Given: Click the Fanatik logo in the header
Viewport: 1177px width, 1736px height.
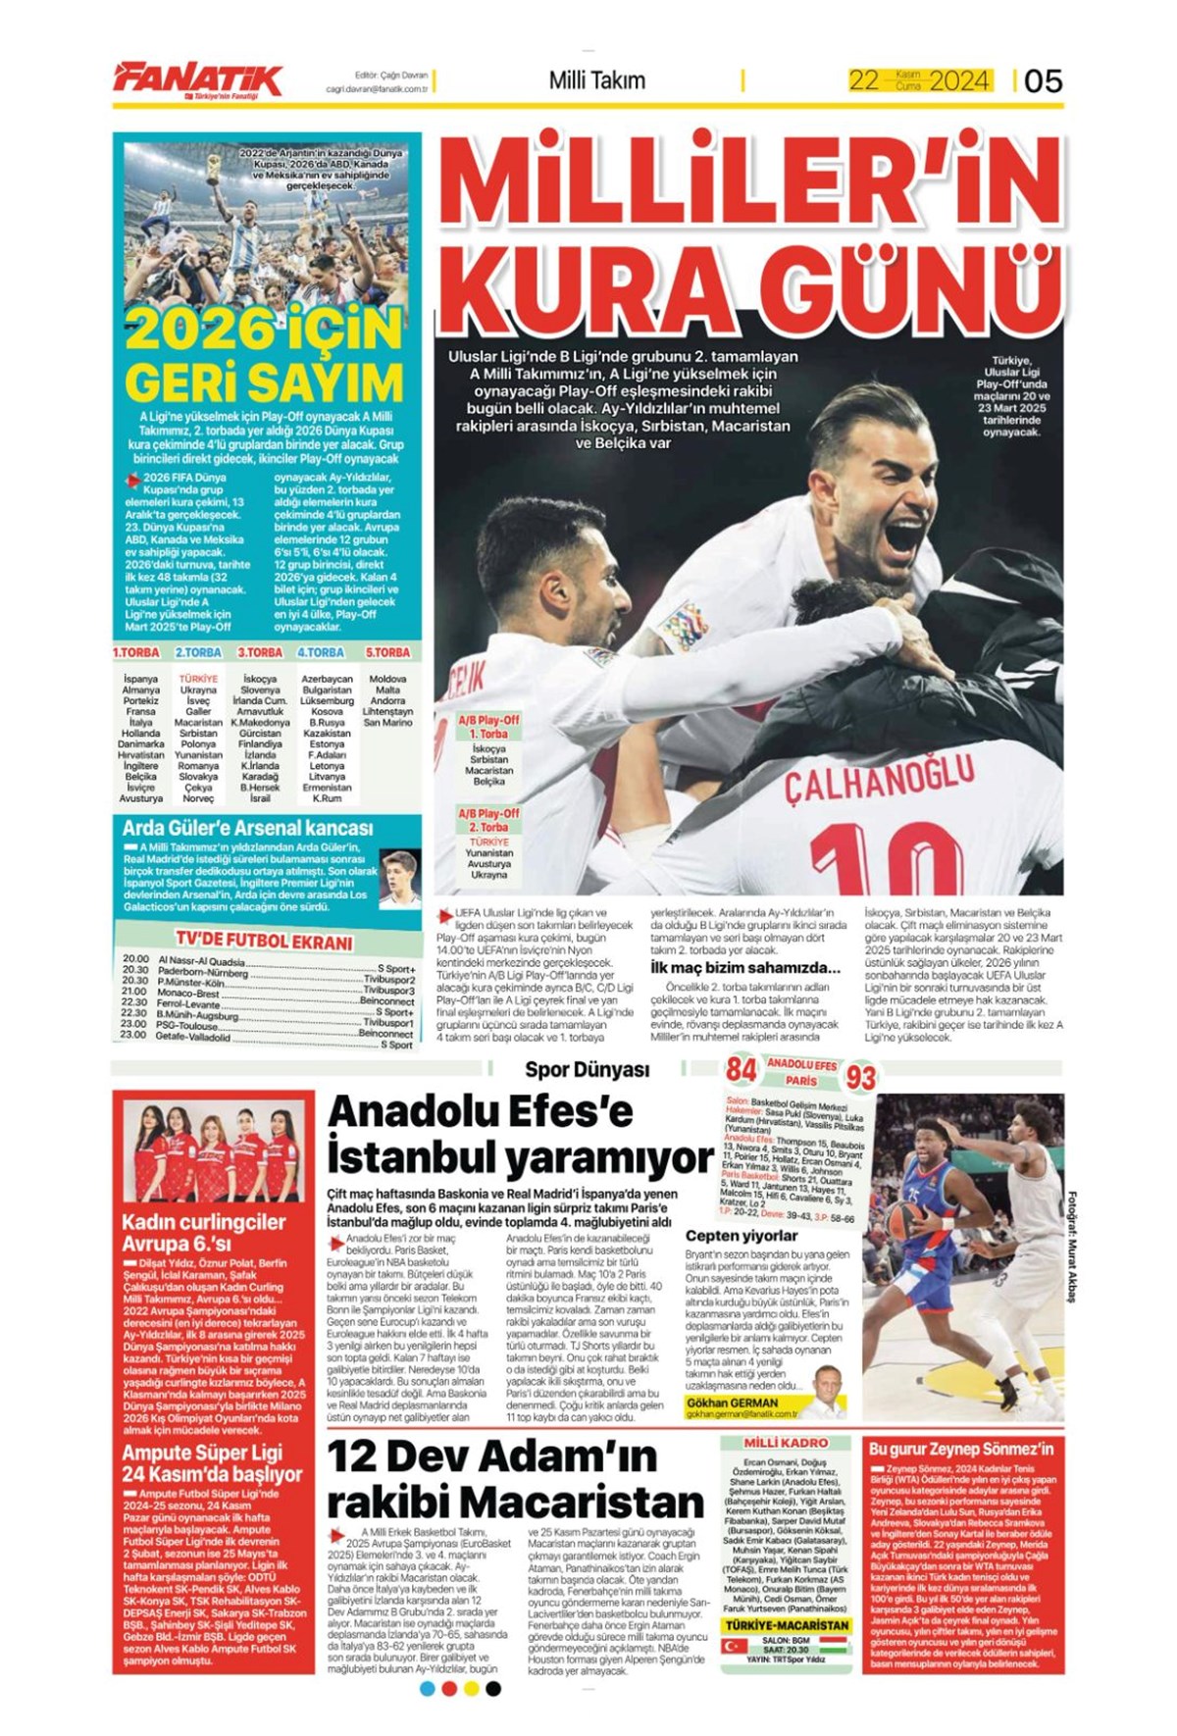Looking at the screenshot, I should click(197, 79).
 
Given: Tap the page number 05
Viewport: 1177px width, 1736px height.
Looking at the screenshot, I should click(1043, 80).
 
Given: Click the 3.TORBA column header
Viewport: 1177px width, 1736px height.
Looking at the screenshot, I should click(260, 652).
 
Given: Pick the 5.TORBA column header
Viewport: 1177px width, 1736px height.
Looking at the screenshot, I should click(386, 652).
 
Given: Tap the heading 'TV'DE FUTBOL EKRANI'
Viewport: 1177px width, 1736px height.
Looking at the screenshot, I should click(264, 942).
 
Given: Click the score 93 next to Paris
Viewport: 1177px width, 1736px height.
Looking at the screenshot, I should click(860, 1078).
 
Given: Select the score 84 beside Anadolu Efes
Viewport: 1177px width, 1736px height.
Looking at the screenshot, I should click(742, 1069).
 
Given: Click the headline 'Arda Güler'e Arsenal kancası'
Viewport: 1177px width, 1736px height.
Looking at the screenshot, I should click(247, 828).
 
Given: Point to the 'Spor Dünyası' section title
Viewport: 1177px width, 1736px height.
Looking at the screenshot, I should click(587, 1069).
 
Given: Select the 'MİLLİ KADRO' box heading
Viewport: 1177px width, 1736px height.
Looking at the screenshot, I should click(786, 1443).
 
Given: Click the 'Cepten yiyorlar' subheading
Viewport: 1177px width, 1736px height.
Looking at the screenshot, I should click(742, 1236).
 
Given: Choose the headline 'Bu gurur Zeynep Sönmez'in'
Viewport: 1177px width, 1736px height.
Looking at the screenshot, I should click(961, 1449).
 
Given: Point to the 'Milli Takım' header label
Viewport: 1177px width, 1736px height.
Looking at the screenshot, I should click(596, 80).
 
